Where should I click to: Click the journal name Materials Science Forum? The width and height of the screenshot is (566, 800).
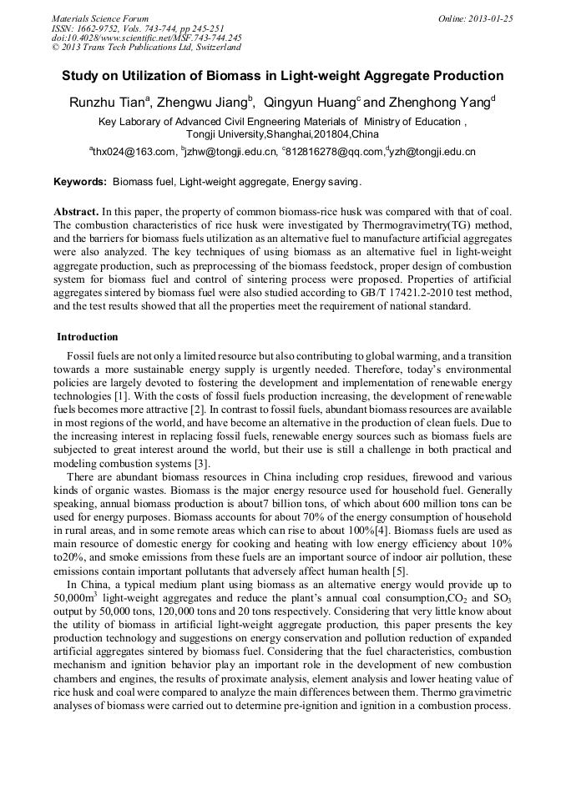point(100,18)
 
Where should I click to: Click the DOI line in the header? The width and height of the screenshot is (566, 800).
point(146,38)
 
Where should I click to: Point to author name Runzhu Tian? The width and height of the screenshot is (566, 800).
point(108,102)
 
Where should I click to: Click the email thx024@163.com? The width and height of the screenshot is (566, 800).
point(133,152)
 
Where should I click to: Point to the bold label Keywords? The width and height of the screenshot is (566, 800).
point(80,181)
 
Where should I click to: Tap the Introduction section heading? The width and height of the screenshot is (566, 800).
point(88,337)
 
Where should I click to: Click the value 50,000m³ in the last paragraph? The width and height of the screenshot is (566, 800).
point(78,599)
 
